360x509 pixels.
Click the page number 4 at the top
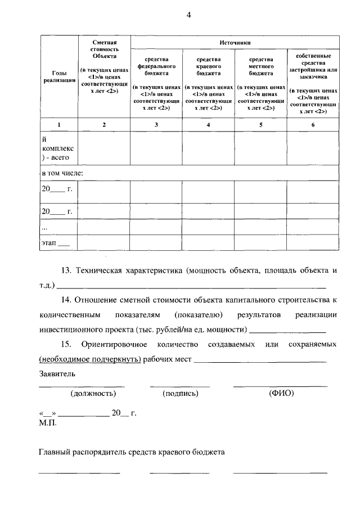click(189, 15)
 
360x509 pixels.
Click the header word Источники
click(235, 43)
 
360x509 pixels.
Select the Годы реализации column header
click(58, 77)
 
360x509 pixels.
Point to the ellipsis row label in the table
click(45, 227)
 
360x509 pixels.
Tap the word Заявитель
click(57, 373)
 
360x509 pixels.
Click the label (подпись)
click(180, 394)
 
